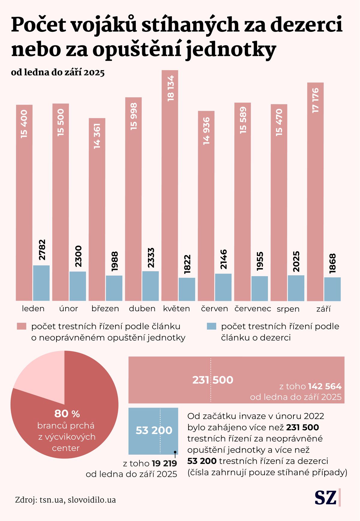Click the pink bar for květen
click(170, 186)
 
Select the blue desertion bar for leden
click(41, 283)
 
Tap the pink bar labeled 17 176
click(315, 192)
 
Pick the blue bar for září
click(332, 289)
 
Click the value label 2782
click(42, 250)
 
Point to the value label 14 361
click(97, 136)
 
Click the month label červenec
click(253, 309)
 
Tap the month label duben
click(142, 309)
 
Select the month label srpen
click(288, 309)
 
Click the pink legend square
click(22, 327)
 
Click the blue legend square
click(211, 327)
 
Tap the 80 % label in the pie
click(67, 414)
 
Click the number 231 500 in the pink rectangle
click(213, 380)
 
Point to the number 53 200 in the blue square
click(154, 430)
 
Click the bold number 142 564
click(325, 386)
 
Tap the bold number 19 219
click(164, 463)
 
